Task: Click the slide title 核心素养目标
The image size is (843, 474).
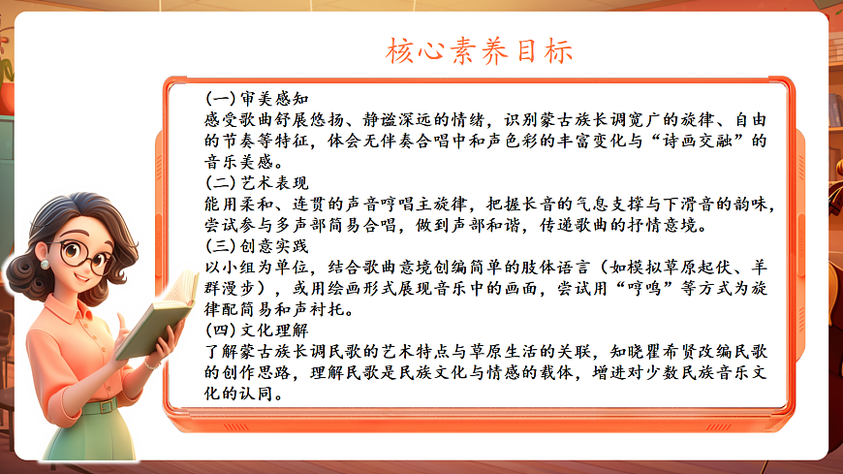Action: [x=479, y=50]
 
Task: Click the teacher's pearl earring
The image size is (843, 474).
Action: [x=46, y=263]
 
